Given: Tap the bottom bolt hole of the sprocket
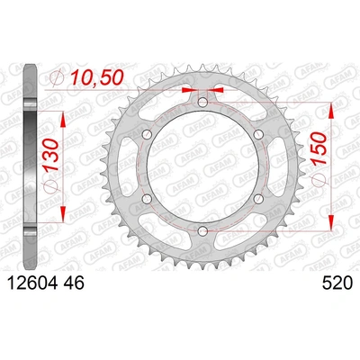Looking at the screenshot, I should coord(202,232).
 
